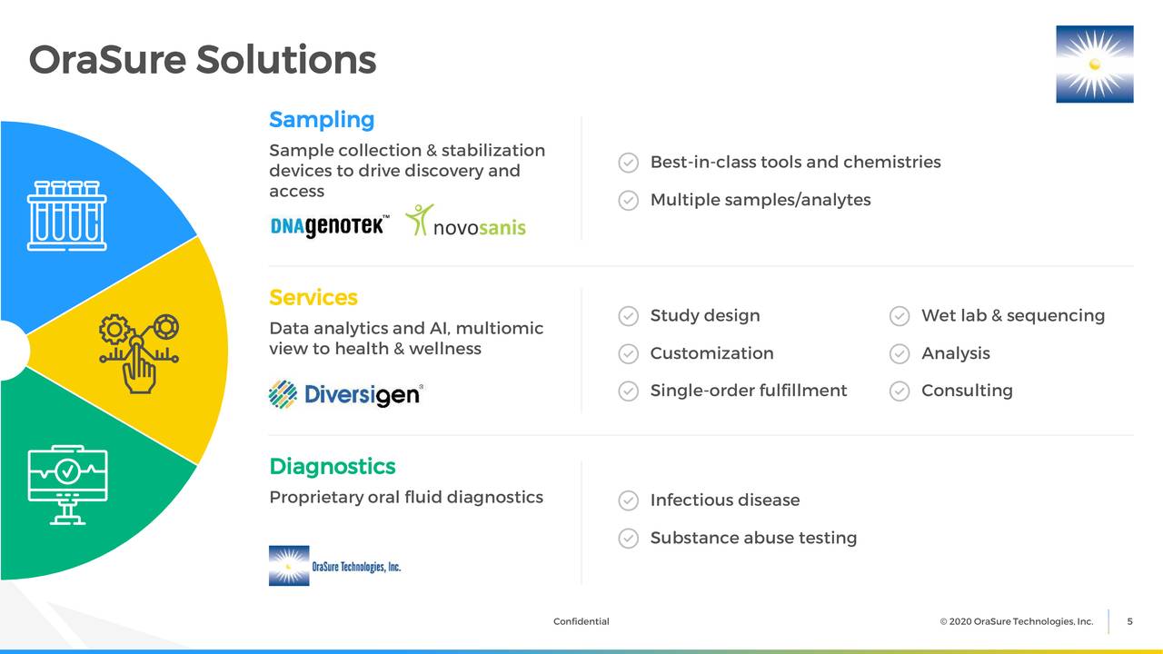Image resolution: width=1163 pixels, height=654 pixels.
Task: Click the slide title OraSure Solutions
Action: [202, 60]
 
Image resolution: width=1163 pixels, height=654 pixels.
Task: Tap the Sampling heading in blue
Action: [322, 120]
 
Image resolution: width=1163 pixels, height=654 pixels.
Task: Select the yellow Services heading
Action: [313, 298]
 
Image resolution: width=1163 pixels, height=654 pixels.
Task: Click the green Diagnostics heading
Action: [333, 467]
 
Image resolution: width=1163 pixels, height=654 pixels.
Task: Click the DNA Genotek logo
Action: [330, 225]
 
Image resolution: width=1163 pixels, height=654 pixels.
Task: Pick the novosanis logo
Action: [465, 222]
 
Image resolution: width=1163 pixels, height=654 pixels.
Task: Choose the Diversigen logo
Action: [346, 394]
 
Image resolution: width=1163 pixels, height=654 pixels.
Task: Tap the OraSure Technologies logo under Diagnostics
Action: [334, 566]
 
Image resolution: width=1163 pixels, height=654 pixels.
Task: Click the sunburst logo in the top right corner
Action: [1094, 64]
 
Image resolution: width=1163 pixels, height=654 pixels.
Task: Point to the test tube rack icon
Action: [66, 215]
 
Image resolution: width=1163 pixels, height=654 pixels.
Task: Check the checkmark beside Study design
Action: [628, 316]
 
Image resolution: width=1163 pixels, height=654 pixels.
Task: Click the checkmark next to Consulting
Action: [899, 391]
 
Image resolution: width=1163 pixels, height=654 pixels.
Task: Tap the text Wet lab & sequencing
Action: [1012, 316]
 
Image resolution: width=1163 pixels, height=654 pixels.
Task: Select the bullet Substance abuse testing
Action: [753, 538]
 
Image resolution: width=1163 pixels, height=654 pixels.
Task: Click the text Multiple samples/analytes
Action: [760, 200]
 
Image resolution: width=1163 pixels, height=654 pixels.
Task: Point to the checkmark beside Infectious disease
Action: [628, 500]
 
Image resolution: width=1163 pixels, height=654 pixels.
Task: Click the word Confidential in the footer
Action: [581, 621]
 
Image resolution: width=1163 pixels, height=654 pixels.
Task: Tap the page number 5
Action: [1129, 621]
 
